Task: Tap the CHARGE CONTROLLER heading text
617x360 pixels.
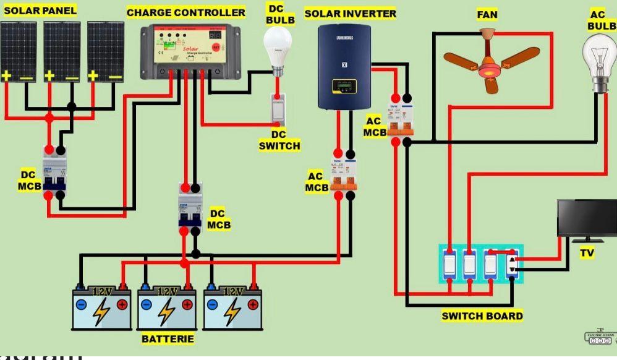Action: [x=185, y=12]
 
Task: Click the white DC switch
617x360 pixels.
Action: [x=278, y=109]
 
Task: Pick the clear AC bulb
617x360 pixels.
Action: [x=600, y=59]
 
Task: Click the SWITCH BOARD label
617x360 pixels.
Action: [x=482, y=316]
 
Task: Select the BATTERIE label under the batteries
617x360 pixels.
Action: [x=168, y=339]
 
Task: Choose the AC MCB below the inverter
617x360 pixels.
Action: [x=344, y=175]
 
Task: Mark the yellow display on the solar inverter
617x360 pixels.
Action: [x=344, y=86]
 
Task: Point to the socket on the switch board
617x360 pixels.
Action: [x=512, y=265]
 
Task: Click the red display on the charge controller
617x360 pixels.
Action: [x=216, y=46]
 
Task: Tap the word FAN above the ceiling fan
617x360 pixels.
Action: [x=487, y=14]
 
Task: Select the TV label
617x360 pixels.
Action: [x=587, y=252]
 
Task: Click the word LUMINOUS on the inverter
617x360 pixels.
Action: [x=344, y=38]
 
